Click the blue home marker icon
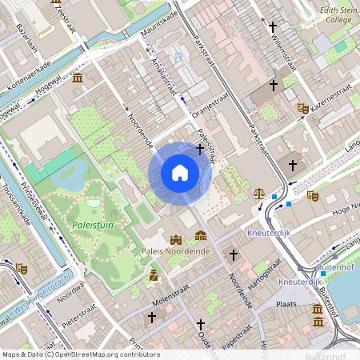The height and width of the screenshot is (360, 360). [x=180, y=173]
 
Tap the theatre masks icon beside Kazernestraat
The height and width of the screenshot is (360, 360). [x=302, y=108]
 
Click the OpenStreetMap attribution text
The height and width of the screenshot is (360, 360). [x=80, y=354]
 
